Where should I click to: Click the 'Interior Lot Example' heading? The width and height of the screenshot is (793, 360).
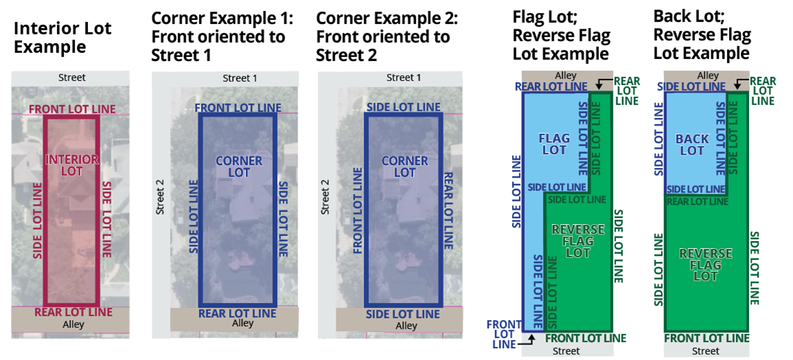click(x=62, y=38)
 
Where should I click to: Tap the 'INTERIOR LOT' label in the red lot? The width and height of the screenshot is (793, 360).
click(x=72, y=165)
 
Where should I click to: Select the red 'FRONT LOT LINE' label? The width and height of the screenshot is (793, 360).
click(x=72, y=109)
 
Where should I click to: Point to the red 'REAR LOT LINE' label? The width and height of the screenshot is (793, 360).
click(x=73, y=312)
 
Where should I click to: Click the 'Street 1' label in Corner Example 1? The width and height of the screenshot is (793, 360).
click(x=240, y=78)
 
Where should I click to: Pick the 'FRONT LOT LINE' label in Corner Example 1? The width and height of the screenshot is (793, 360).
click(x=238, y=108)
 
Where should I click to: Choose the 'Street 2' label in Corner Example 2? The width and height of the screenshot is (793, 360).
click(x=325, y=197)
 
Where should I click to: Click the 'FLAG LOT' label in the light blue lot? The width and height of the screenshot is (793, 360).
click(x=554, y=144)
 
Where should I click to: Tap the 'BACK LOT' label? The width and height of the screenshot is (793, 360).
click(x=692, y=145)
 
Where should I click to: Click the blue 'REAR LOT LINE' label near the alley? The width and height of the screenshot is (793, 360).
click(x=551, y=86)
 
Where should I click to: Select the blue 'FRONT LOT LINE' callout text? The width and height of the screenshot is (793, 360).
click(x=504, y=334)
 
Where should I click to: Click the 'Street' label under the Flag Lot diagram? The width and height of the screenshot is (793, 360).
click(x=566, y=350)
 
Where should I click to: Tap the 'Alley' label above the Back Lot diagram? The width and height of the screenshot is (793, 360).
click(x=708, y=75)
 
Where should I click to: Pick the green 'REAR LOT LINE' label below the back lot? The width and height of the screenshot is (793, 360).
click(x=697, y=201)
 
